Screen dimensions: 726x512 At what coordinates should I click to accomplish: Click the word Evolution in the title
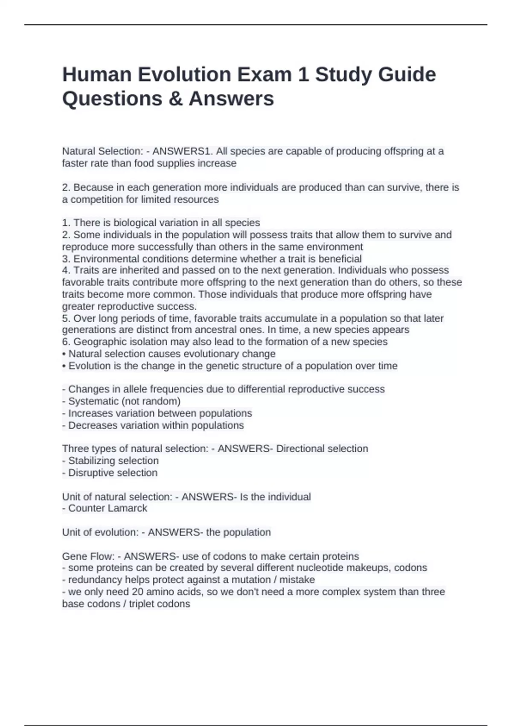184,75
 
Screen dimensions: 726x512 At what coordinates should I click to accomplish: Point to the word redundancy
94,580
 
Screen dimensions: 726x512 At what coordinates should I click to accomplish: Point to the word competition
96,199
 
